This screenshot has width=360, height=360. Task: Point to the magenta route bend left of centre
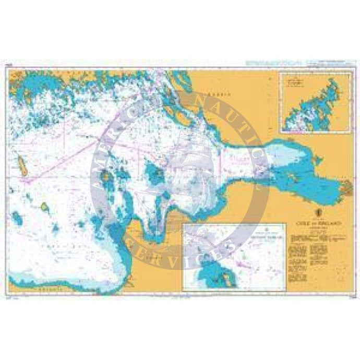click(x=25, y=180)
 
